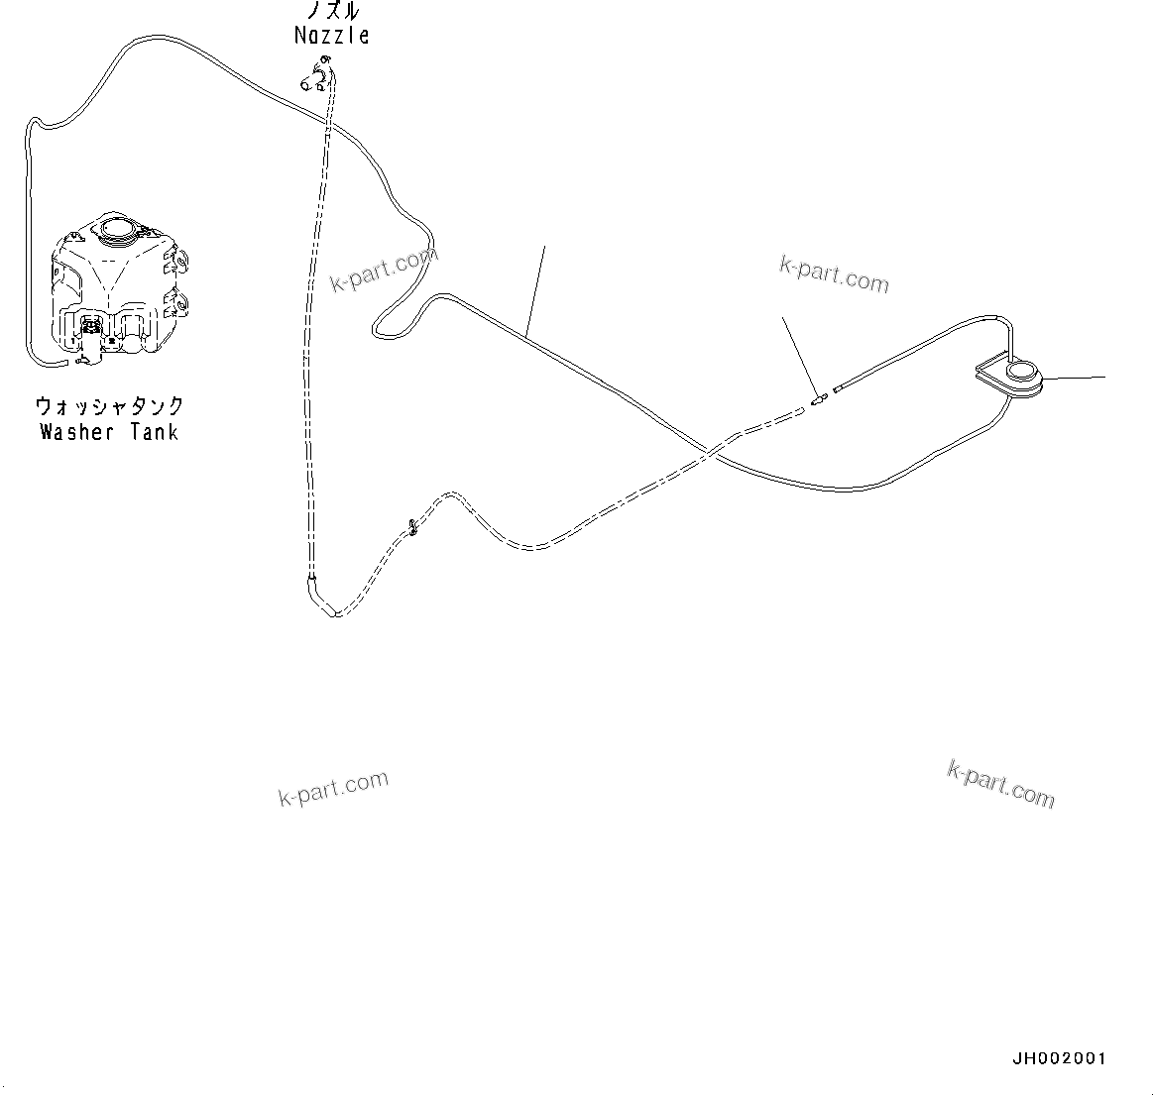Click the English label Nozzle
pyautogui.click(x=332, y=36)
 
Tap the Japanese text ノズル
pyautogui.click(x=332, y=12)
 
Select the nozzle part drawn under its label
pyautogui.click(x=316, y=76)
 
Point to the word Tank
pyautogui.click(x=154, y=432)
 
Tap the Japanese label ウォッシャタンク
pyautogui.click(x=109, y=406)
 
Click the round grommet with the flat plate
pyautogui.click(x=1021, y=376)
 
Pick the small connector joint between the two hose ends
pyautogui.click(x=819, y=400)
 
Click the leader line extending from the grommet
pyautogui.click(x=1078, y=378)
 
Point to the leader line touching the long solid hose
pyautogui.click(x=535, y=287)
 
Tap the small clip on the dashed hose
pyautogui.click(x=410, y=527)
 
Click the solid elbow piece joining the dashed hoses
pyautogui.click(x=321, y=599)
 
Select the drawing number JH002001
pyautogui.click(x=1058, y=1059)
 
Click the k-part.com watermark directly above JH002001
pyautogui.click(x=1001, y=784)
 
